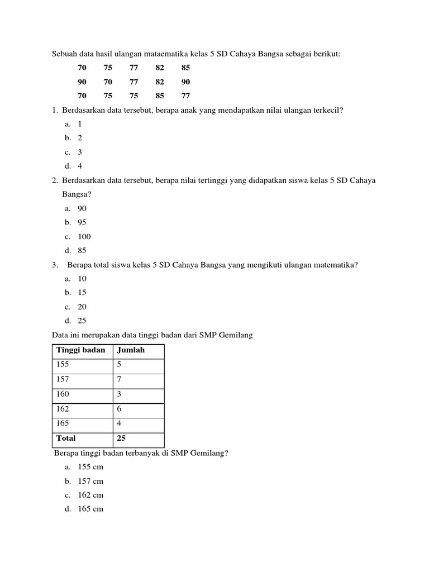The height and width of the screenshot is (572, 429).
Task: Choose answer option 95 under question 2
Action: pyautogui.click(x=82, y=222)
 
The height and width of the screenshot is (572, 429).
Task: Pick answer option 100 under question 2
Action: pyautogui.click(x=84, y=236)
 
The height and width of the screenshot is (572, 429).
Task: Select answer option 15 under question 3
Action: pyautogui.click(x=82, y=292)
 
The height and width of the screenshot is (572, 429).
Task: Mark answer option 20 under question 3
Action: pyautogui.click(x=82, y=307)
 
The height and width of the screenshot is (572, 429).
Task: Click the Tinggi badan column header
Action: pyautogui.click(x=80, y=350)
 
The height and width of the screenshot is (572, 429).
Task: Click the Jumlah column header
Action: pyautogui.click(x=131, y=350)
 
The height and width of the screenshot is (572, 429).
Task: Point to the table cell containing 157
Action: pyautogui.click(x=63, y=380)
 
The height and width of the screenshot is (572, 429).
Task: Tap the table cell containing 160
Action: pyautogui.click(x=63, y=394)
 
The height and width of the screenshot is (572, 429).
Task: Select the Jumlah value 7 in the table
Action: pyautogui.click(x=119, y=380)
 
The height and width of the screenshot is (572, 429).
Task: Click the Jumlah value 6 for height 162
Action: pyautogui.click(x=119, y=409)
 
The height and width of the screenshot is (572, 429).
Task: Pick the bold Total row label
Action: pyautogui.click(x=66, y=438)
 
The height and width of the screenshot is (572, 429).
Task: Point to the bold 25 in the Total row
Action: pyautogui.click(x=121, y=438)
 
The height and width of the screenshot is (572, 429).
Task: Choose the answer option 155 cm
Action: pyautogui.click(x=90, y=466)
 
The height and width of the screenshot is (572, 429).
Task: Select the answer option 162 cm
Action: pyautogui.click(x=90, y=495)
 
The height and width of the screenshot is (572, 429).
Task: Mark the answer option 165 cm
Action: pyautogui.click(x=90, y=509)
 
